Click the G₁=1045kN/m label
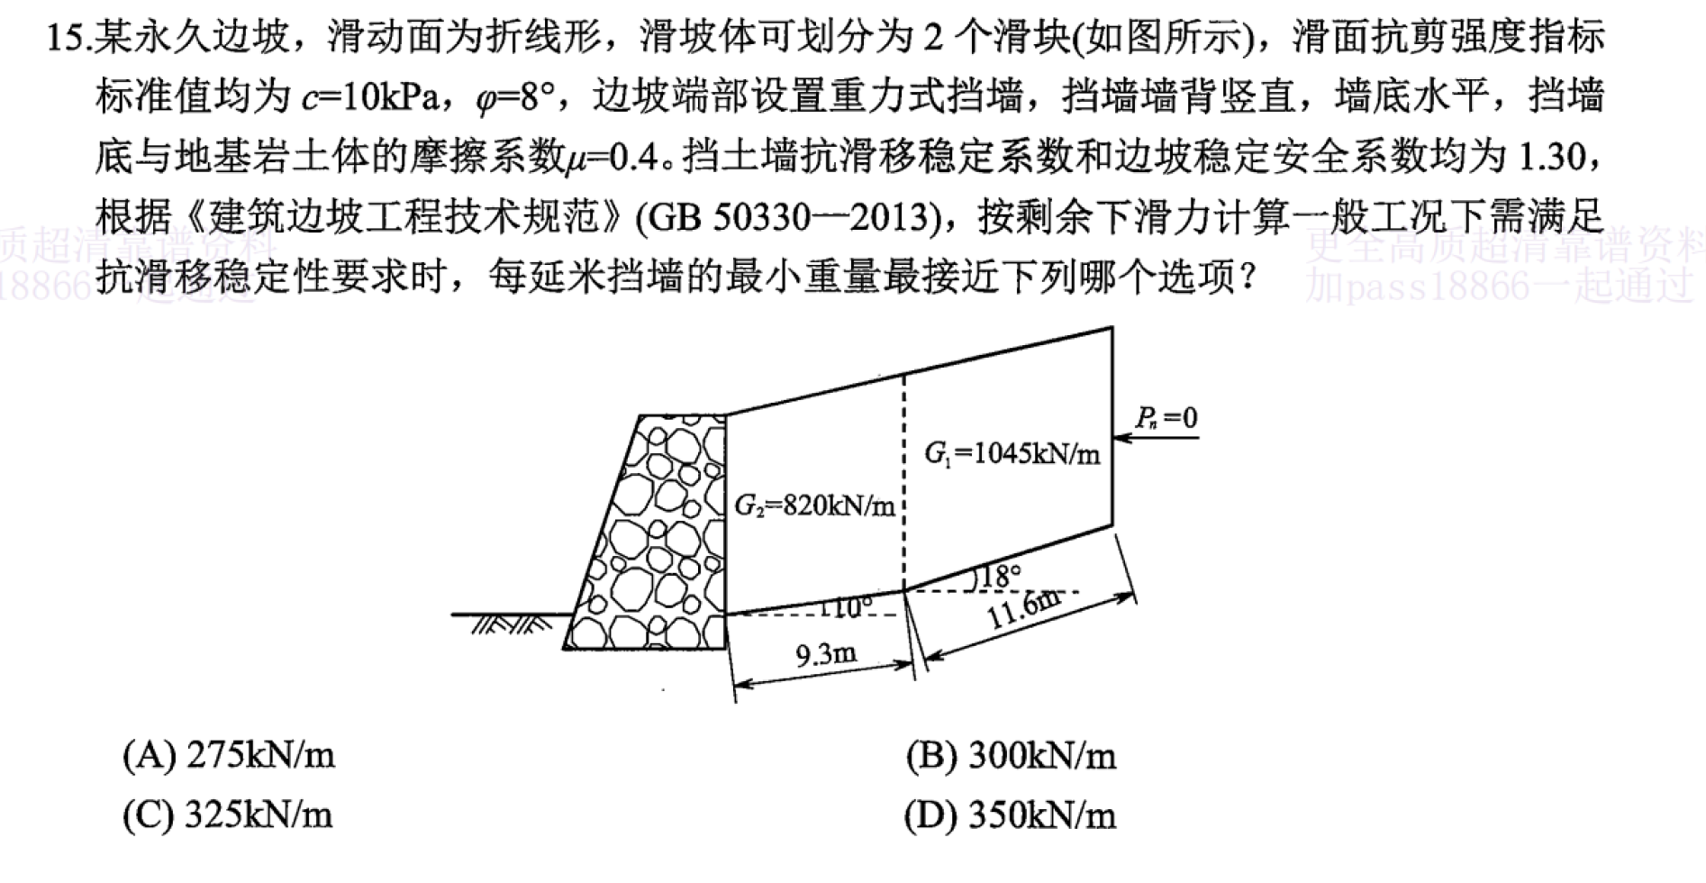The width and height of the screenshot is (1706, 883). tap(1012, 452)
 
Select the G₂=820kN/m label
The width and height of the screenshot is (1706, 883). tap(814, 505)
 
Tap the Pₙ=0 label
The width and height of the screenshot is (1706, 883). tap(1166, 418)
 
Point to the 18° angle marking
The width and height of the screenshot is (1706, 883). tap(999, 575)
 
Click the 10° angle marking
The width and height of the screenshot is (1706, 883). tap(847, 607)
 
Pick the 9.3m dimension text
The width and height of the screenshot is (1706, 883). tap(826, 653)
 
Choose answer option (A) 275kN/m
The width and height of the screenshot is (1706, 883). tap(229, 755)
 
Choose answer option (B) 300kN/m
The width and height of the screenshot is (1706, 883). tap(1012, 755)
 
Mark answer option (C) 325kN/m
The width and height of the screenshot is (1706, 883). tap(228, 815)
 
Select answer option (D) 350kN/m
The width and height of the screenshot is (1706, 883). tap(1011, 815)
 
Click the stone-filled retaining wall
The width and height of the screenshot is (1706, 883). tap(654, 532)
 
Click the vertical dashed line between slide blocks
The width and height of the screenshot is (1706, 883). tap(904, 481)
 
